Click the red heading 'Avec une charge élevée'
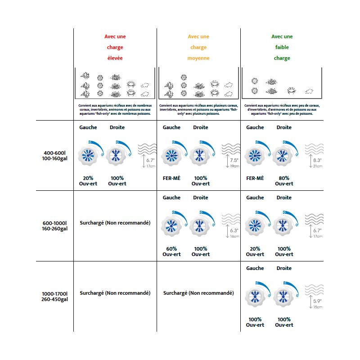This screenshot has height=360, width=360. [115, 47]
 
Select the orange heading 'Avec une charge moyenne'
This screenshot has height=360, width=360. [198, 47]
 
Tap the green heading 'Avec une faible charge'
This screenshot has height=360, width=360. [282, 47]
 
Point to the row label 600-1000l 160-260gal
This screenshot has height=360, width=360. [54, 226]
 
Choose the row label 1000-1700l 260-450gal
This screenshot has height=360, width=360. [54, 296]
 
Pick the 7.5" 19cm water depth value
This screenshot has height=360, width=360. [234, 162]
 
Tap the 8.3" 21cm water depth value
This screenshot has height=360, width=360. [317, 162]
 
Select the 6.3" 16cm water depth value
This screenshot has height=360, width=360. [234, 233]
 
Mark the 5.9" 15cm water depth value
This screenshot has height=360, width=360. [317, 303]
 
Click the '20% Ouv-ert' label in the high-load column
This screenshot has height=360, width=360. [88, 180]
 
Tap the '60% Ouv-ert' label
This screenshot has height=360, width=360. [171, 251]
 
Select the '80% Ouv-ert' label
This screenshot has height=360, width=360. [284, 180]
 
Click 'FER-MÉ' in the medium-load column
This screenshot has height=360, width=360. [171, 178]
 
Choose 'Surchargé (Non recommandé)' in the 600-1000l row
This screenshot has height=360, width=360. [115, 223]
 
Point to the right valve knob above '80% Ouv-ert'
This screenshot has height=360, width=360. [283, 156]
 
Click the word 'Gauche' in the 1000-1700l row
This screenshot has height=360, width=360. [255, 268]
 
